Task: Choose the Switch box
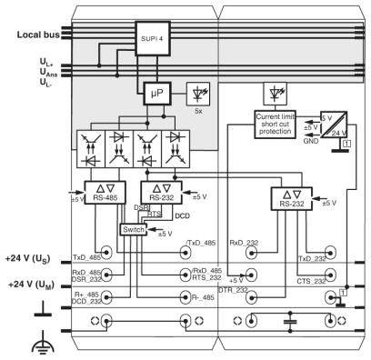tap(135, 229)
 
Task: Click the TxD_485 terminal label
tap(88, 257)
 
